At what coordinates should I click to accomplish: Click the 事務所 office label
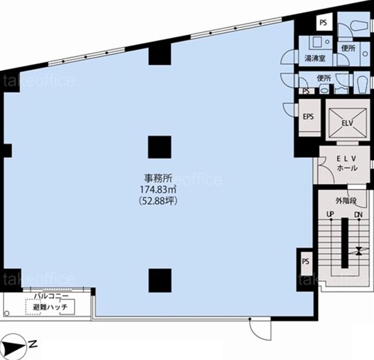coord(158,178)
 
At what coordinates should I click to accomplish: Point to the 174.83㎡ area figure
coord(158,190)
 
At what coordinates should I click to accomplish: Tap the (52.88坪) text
coord(158,201)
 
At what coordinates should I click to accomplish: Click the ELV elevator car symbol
coord(348,123)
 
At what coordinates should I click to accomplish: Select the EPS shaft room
coord(310,118)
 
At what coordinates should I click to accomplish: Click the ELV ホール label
coord(347,163)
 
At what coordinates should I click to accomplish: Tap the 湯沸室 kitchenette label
coord(315,58)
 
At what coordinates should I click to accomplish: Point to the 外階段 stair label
coord(346,201)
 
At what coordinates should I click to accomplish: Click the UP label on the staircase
coord(330,215)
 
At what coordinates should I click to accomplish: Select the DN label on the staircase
coord(358,215)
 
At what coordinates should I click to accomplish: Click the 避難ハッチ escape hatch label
coord(50,307)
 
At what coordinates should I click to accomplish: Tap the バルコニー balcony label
coord(51,296)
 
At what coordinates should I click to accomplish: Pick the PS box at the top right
coord(323,22)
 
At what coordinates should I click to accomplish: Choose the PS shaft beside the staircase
coord(306,262)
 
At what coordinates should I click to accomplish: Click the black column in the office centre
coord(159,147)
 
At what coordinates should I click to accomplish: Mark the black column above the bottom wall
coord(160,281)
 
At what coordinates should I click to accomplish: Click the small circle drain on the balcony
coord(6,314)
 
